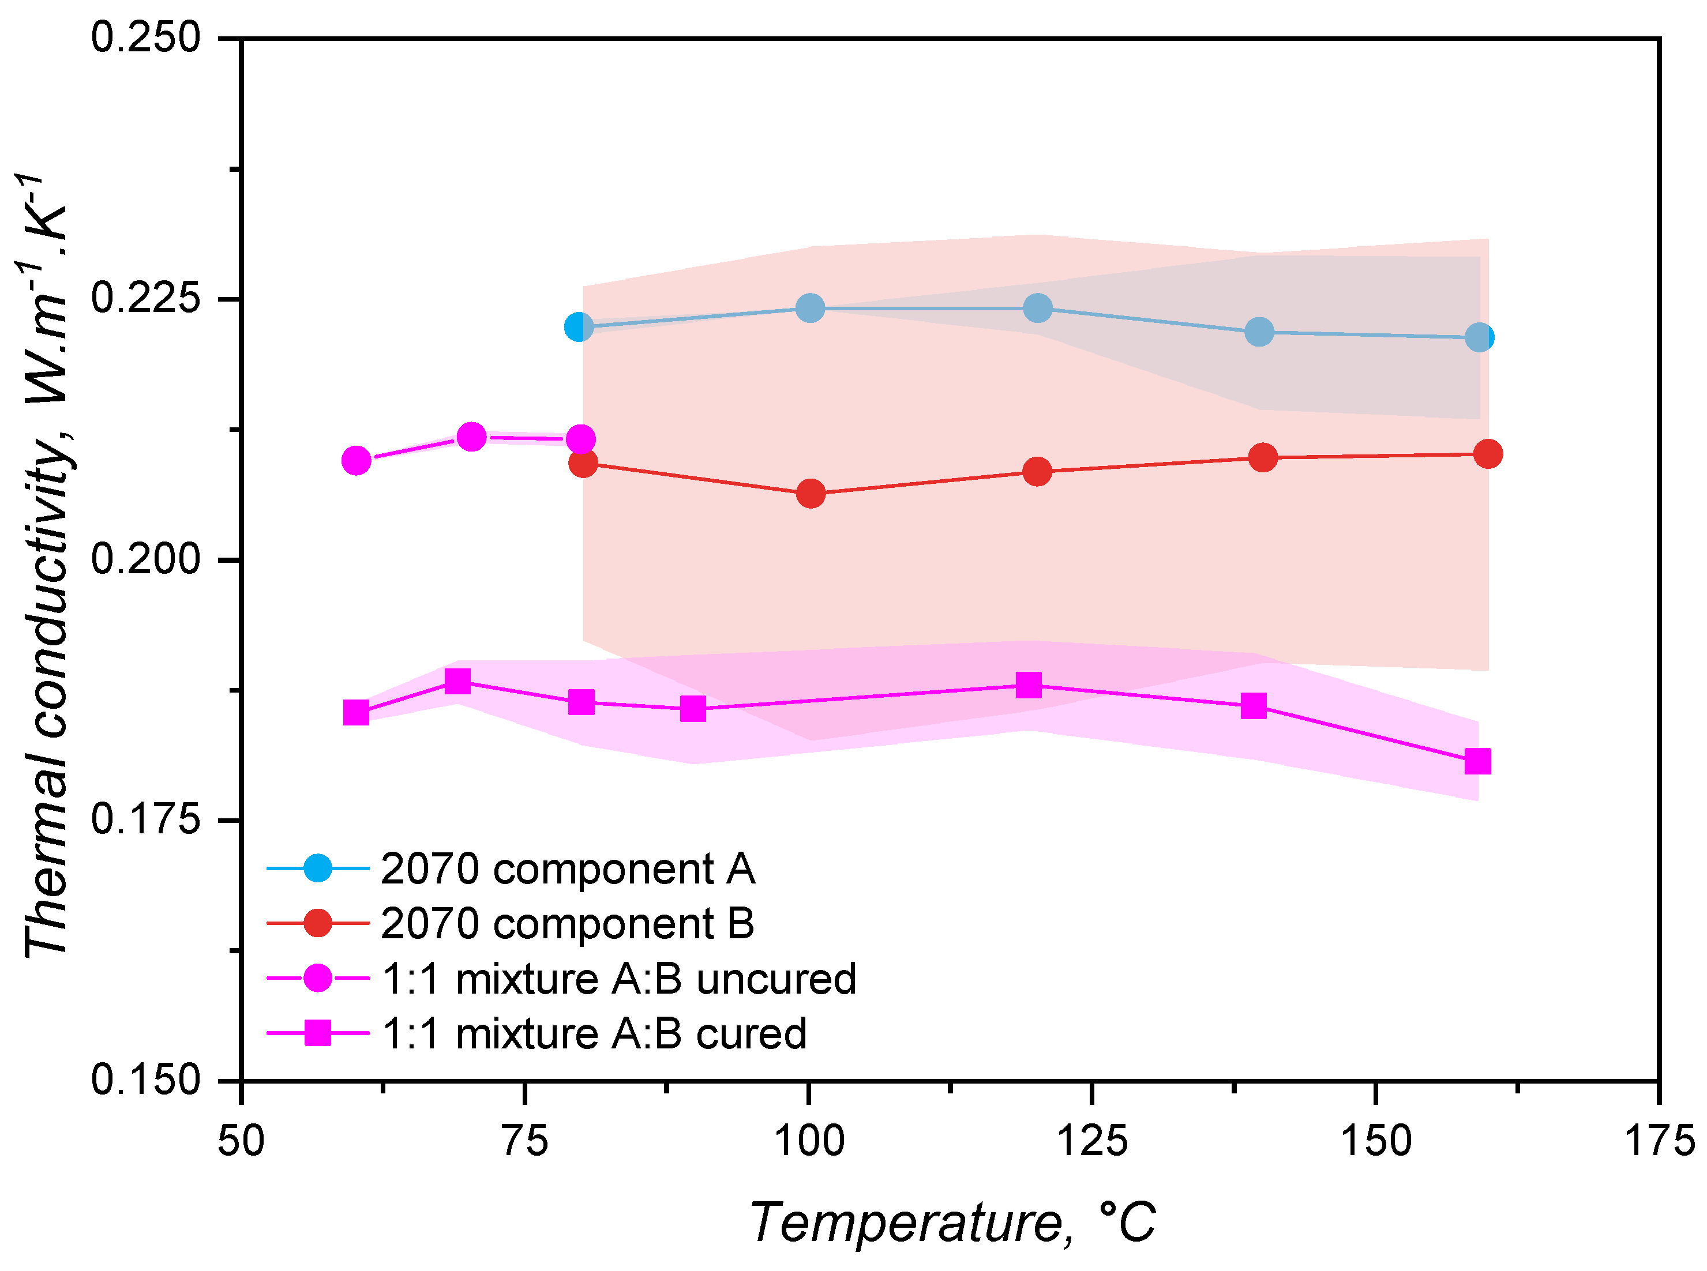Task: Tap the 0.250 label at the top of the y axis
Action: [x=145, y=37]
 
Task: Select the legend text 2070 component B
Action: [x=567, y=923]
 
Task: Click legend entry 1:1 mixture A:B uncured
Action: [x=618, y=979]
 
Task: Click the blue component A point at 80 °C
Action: [x=579, y=327]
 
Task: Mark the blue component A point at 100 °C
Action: [x=809, y=309]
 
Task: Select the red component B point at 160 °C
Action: [x=1488, y=454]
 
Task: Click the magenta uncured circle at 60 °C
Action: [x=355, y=460]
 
